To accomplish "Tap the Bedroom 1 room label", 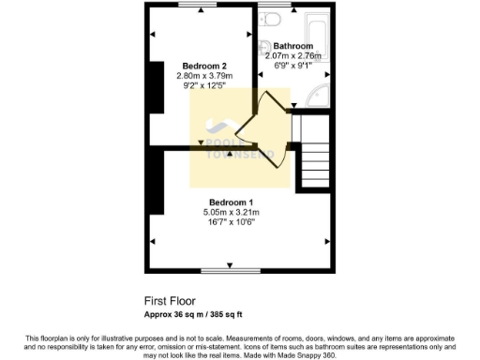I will pos(231,202).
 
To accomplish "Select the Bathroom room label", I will pos(292,46).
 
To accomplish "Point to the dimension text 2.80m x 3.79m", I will pos(203,76).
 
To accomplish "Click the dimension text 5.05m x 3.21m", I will pos(231,213).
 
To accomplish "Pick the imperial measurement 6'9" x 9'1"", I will pos(292,67).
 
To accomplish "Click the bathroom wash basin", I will pos(267,48).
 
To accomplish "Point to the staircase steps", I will pos(316,159).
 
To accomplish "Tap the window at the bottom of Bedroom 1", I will pos(231,270).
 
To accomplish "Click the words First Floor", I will pos(169,301).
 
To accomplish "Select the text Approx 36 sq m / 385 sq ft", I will pos(198,313).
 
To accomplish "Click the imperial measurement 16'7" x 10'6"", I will pos(231,223).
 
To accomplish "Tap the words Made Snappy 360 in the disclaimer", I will pos(310,355).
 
